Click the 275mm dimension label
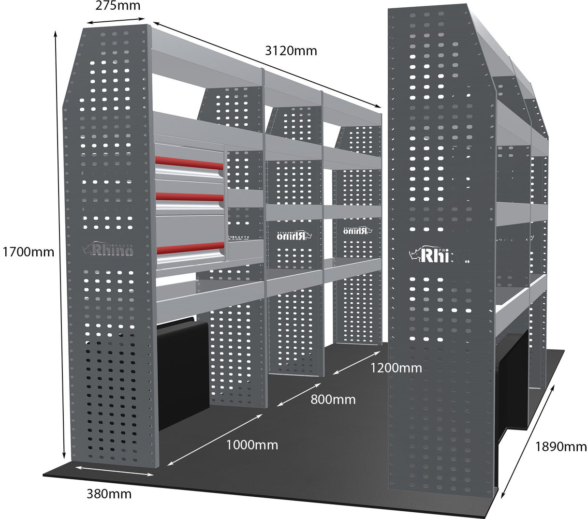tap(118, 6)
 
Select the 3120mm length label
tap(291, 50)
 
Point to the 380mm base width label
tap(109, 494)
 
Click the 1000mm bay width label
tap(252, 445)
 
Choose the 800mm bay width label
tap(333, 400)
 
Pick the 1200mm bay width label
tap(396, 368)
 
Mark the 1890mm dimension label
tap(560, 446)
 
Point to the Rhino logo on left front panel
tap(108, 250)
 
